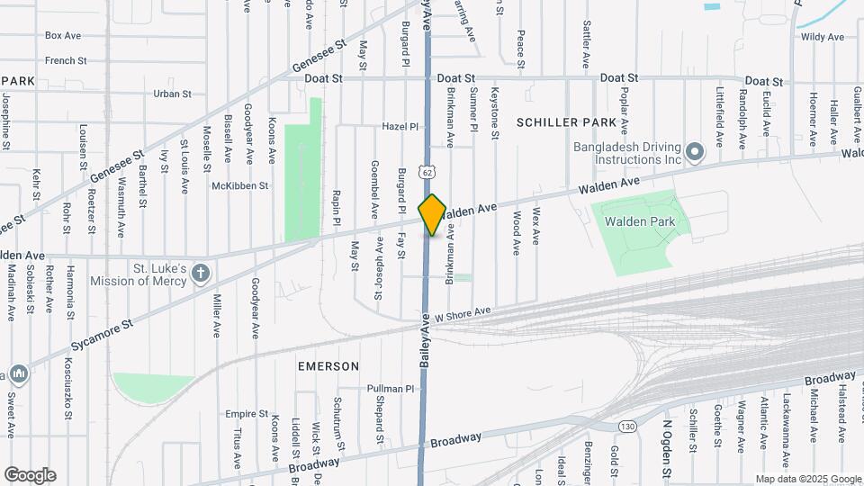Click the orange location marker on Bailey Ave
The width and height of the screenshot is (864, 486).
click(x=432, y=214)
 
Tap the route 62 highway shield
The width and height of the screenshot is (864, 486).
click(x=427, y=171)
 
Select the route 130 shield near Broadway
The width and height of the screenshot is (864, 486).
click(x=627, y=426)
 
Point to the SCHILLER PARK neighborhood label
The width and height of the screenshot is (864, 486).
click(x=566, y=121)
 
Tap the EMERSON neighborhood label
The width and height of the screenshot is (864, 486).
click(x=328, y=366)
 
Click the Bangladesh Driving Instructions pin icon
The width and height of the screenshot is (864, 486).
click(x=694, y=152)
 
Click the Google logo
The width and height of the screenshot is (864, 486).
click(x=30, y=474)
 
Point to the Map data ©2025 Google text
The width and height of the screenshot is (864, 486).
click(x=808, y=479)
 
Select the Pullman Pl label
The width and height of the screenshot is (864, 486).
click(x=390, y=389)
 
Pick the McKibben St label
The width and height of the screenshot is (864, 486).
click(x=240, y=185)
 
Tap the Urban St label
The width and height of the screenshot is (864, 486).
click(x=173, y=94)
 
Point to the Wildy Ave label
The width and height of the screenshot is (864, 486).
click(x=823, y=37)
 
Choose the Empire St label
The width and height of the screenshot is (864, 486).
click(x=242, y=414)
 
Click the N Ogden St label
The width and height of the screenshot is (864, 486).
click(x=667, y=447)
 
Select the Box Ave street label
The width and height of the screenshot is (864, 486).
click(x=64, y=36)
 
